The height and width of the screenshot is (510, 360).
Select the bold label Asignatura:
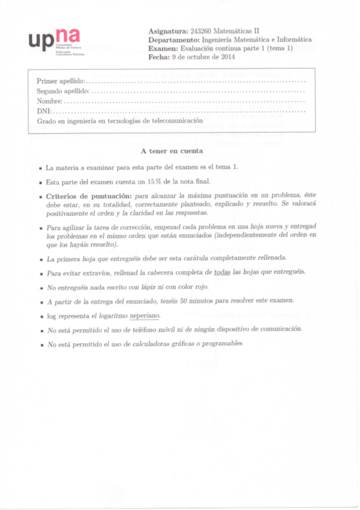167,31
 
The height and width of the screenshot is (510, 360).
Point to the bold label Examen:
162,48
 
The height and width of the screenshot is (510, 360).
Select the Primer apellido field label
61,81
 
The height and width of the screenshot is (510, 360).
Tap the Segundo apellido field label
63,91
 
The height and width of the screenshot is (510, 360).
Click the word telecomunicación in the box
175,121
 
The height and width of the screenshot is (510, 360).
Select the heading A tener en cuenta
171,151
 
